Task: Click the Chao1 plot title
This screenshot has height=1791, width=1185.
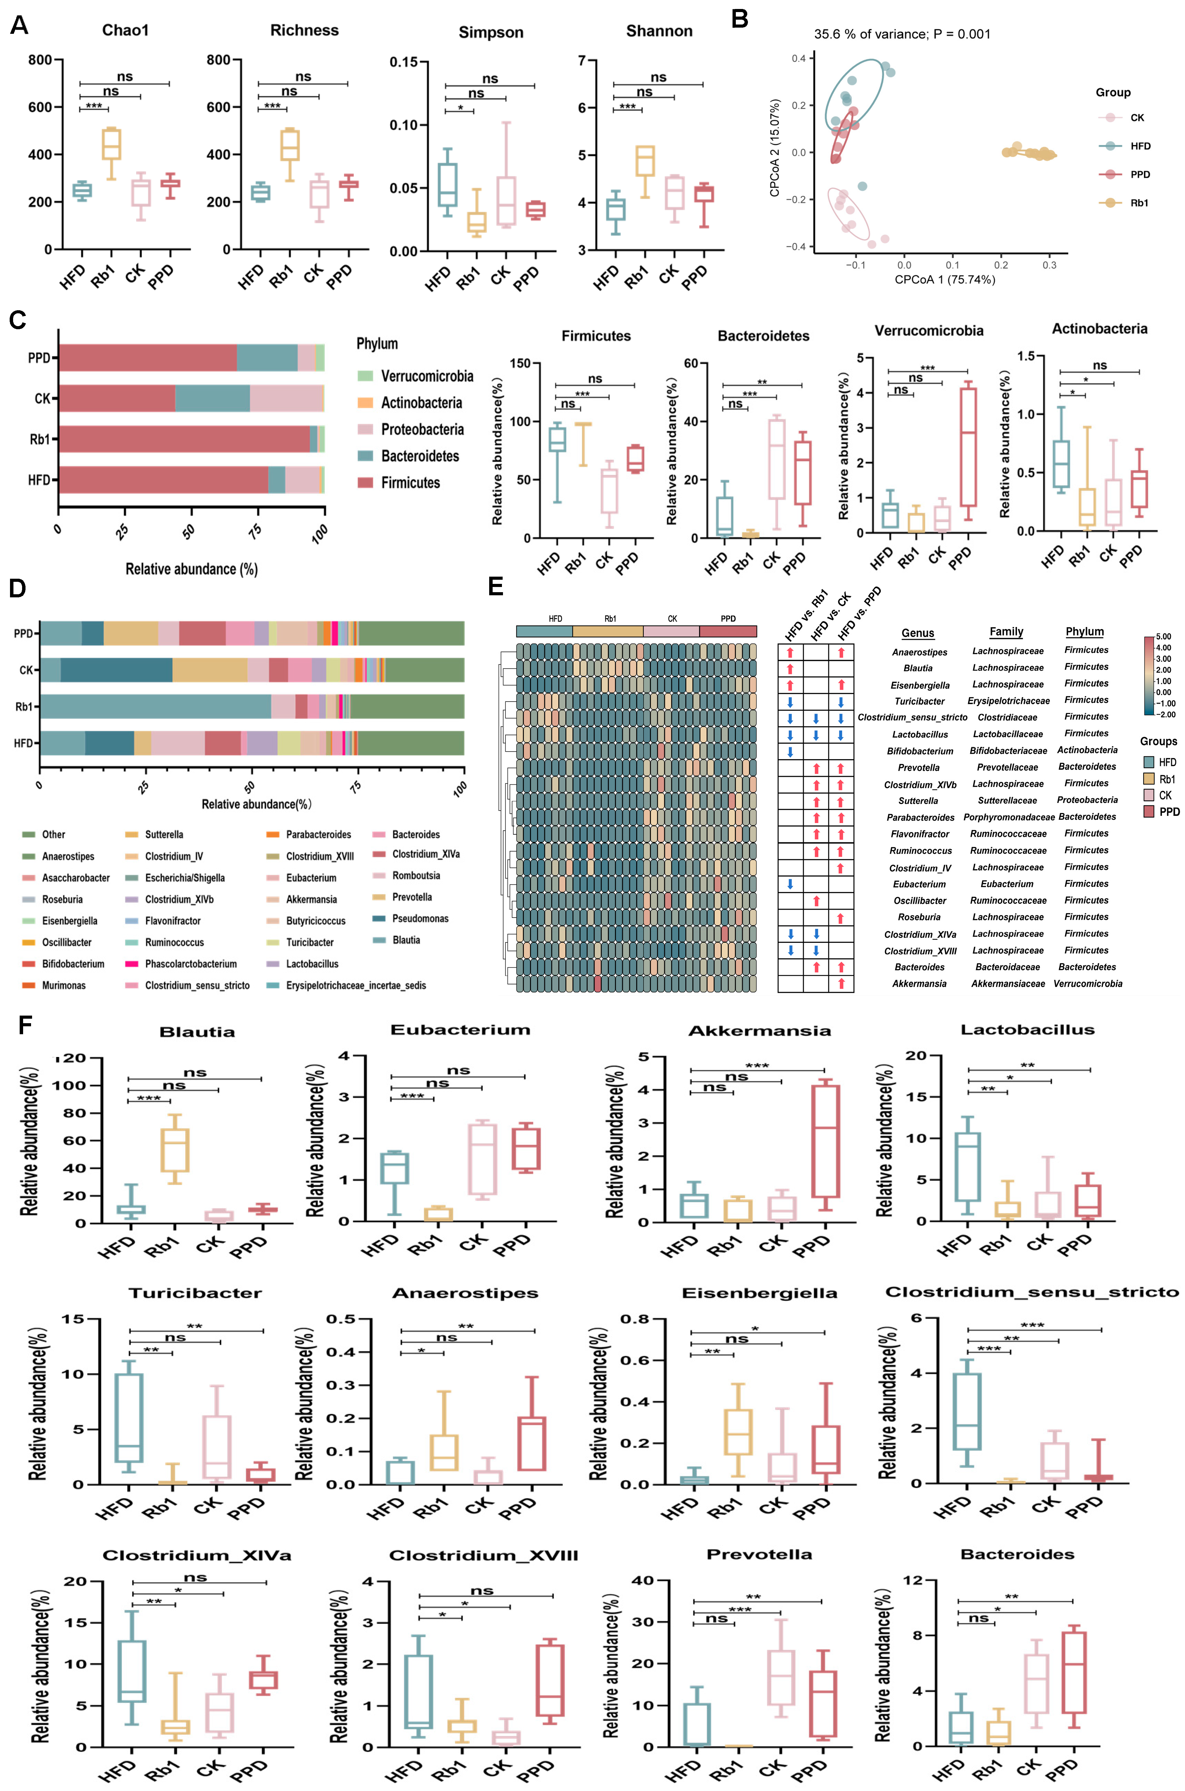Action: click(126, 30)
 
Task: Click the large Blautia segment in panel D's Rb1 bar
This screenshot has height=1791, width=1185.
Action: click(155, 706)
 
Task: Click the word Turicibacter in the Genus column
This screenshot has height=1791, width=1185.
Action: click(919, 701)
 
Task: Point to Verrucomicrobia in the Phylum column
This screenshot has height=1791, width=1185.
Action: click(1087, 983)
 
